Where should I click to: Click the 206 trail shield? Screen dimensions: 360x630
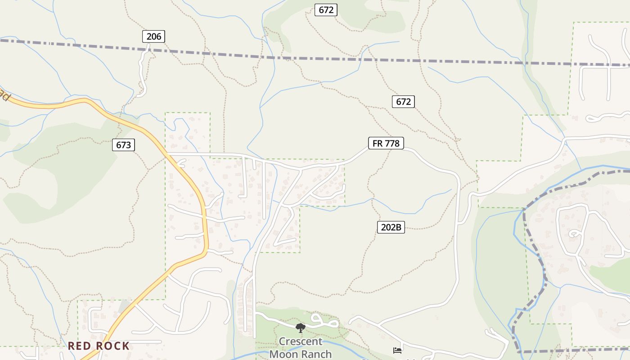point(154,36)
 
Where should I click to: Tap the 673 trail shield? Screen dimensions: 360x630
point(123,145)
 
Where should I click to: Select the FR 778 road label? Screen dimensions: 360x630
point(386,144)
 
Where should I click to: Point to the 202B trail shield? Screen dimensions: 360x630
point(391,227)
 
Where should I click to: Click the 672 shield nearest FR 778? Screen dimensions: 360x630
point(403,102)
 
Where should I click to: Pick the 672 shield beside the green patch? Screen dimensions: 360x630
point(326,9)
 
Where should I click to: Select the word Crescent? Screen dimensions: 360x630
point(301,342)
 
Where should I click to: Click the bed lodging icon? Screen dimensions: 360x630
point(397,350)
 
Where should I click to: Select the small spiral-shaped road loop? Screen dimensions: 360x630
point(575,234)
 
